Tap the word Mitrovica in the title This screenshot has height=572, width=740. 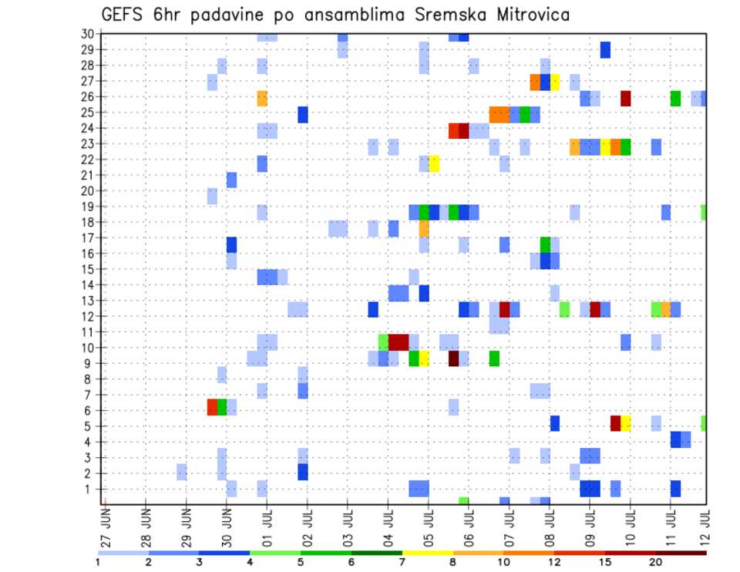point(532,15)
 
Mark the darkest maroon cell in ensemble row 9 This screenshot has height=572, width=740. point(454,358)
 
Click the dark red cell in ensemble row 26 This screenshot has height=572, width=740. point(625,98)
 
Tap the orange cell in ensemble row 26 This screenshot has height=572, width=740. point(262,98)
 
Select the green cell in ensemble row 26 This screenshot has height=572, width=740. point(676,98)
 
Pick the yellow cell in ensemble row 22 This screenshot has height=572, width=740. point(434,163)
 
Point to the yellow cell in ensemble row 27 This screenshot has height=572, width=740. point(555,82)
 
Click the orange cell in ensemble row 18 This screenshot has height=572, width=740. point(424,229)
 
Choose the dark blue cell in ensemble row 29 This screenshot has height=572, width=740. point(605,49)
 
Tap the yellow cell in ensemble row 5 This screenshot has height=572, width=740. point(625,423)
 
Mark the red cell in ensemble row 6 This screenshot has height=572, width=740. point(212,407)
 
